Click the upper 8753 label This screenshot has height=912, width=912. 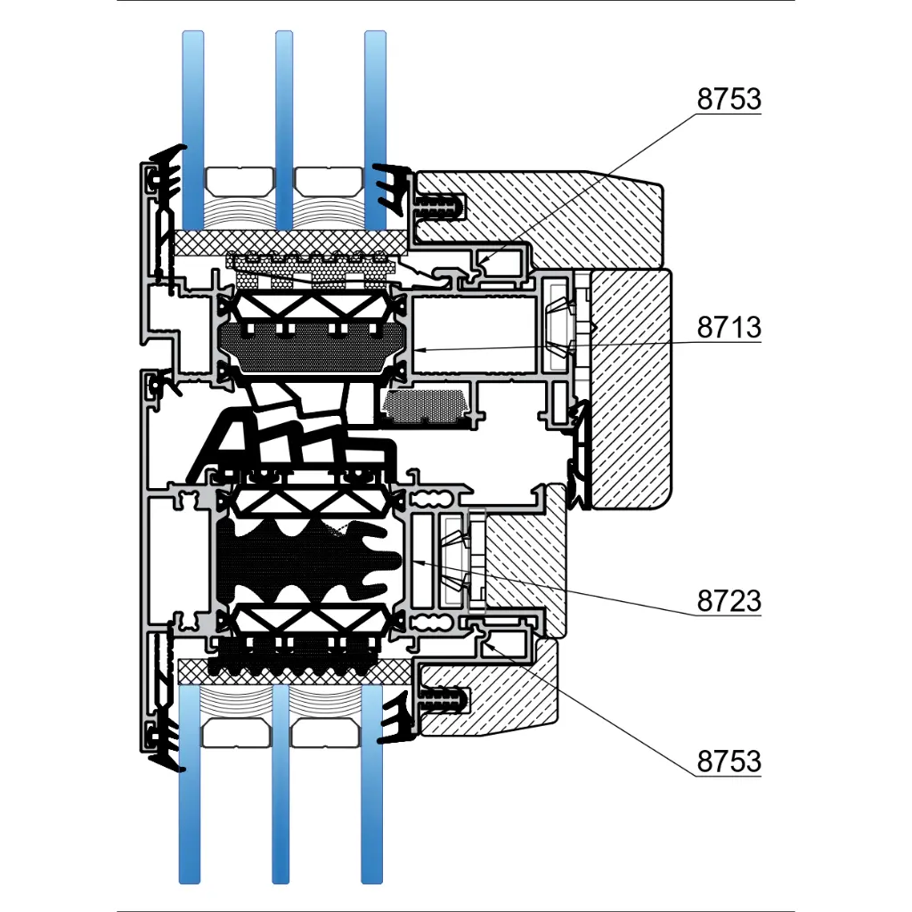tap(729, 100)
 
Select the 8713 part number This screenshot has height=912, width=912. tap(729, 328)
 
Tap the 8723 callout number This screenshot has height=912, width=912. tap(729, 601)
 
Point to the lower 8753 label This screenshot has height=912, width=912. tap(729, 761)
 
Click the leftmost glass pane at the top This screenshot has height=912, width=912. tap(193, 125)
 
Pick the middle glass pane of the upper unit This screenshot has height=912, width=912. tap(284, 125)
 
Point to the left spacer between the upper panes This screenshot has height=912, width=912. tap(238, 181)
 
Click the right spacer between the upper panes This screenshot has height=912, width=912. tap(329, 181)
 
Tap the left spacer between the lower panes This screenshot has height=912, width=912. tap(236, 732)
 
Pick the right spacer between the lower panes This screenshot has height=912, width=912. tap(326, 732)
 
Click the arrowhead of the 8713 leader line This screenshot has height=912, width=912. tap(417, 350)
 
